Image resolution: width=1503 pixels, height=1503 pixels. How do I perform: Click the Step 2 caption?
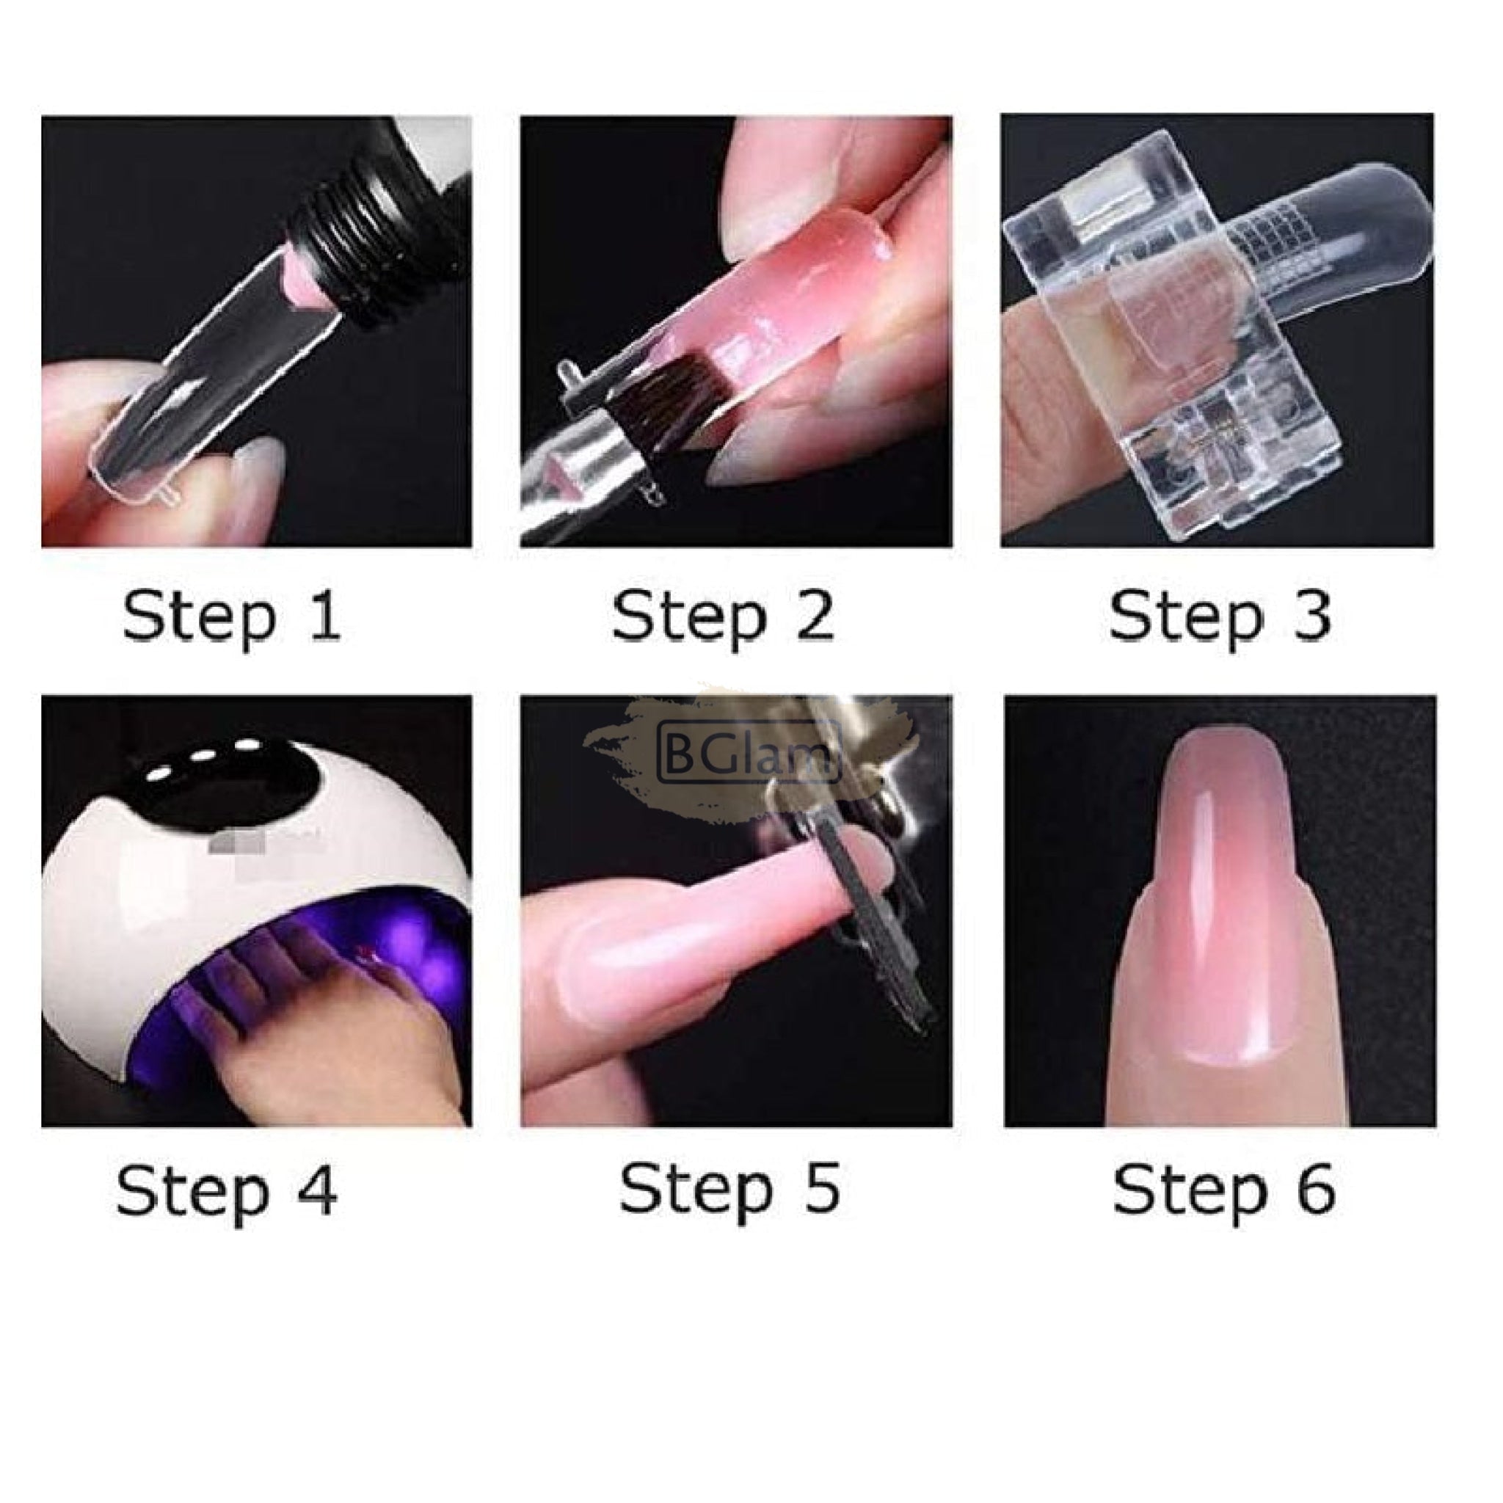pyautogui.click(x=723, y=618)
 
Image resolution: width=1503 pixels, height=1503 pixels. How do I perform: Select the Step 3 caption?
pyautogui.click(x=1219, y=618)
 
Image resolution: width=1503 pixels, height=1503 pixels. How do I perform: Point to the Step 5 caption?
pyautogui.click(x=729, y=1189)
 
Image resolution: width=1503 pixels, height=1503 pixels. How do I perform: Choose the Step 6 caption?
pyautogui.click(x=1223, y=1190)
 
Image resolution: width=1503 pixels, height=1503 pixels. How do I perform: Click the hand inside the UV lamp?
pyautogui.click(x=303, y=1035)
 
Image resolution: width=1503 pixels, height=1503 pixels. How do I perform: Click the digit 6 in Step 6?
pyautogui.click(x=1316, y=1190)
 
